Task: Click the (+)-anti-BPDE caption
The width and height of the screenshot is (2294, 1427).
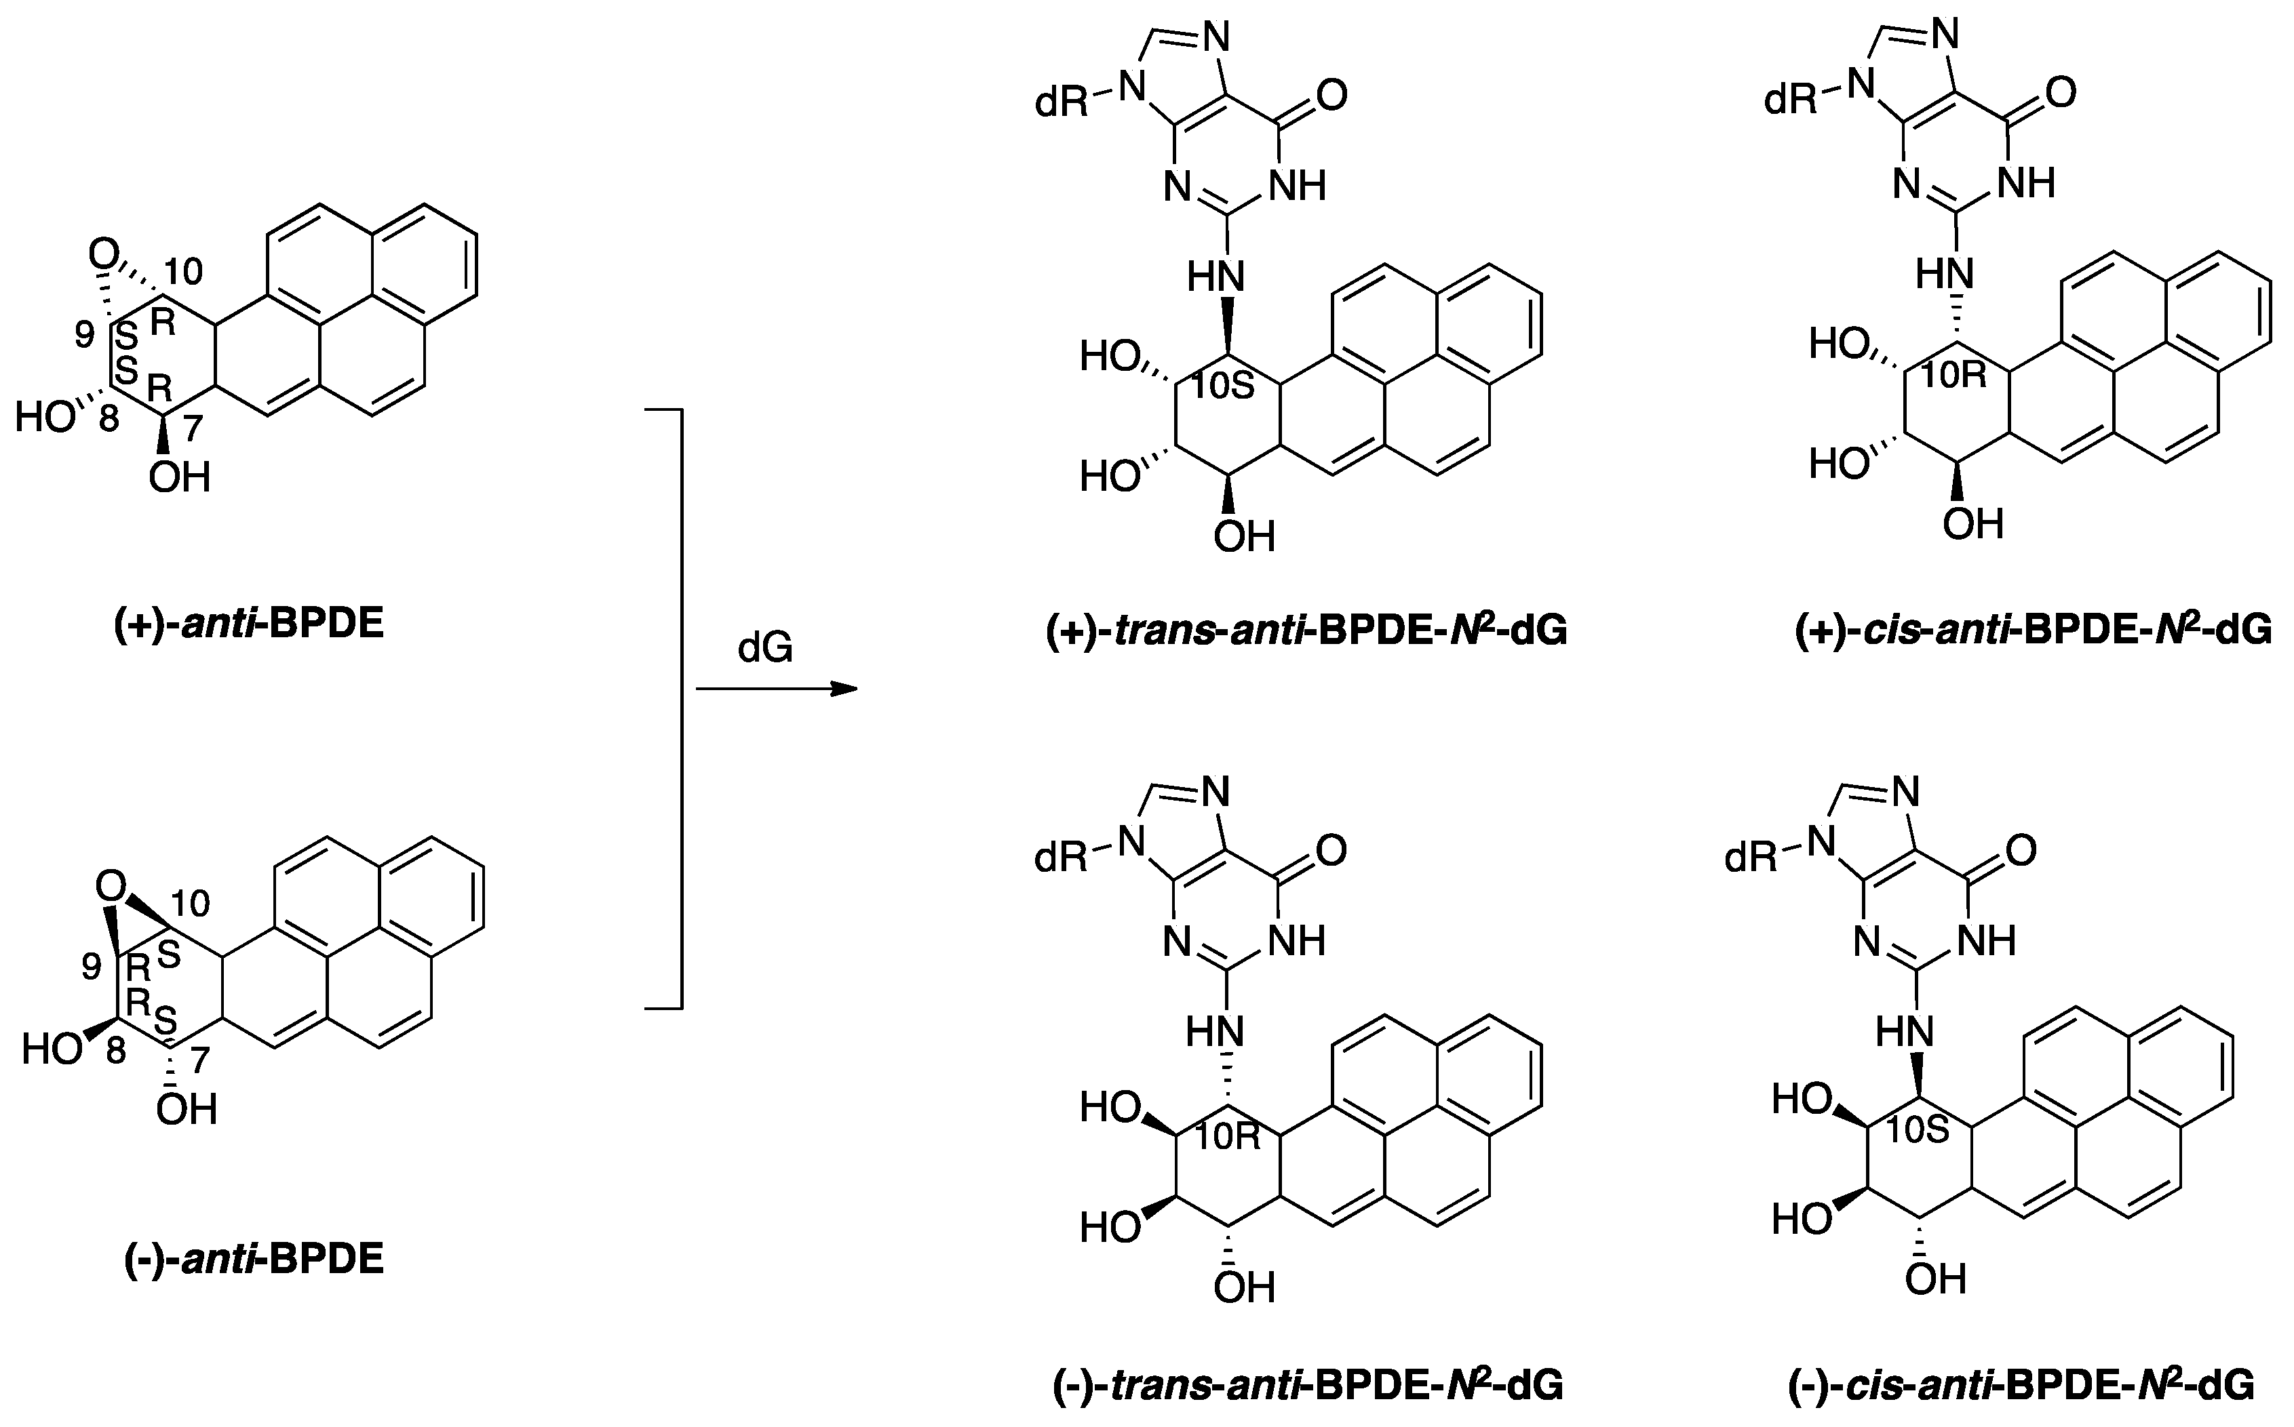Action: coord(248,626)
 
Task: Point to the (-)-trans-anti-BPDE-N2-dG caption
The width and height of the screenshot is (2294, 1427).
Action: coord(1308,1384)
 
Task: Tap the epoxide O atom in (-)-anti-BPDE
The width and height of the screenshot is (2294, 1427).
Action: coord(111,885)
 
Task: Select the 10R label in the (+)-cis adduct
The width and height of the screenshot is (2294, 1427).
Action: coord(1953,376)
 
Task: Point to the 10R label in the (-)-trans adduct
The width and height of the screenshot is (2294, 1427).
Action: coord(1227,1138)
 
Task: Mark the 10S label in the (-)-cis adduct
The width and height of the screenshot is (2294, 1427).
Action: coord(1918,1129)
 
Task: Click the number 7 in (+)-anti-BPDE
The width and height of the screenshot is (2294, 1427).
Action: coord(193,428)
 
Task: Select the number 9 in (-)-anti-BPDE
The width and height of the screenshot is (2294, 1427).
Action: coord(92,965)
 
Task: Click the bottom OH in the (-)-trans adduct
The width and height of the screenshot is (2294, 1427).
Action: coord(1243,1287)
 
